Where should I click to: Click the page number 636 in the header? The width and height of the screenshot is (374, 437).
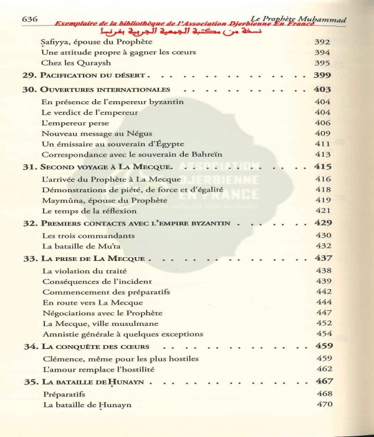click(30, 19)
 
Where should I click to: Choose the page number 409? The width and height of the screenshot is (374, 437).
click(322, 133)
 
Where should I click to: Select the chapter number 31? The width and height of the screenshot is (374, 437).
click(29, 167)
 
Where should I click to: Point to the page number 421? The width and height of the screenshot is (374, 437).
click(322, 211)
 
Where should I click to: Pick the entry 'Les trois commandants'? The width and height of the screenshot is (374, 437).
click(79, 236)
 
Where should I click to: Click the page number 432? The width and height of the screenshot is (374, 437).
click(322, 247)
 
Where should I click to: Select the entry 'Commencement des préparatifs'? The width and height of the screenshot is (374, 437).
click(102, 292)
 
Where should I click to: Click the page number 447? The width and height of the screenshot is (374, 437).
click(322, 313)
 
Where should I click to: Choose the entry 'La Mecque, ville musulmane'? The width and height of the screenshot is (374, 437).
click(92, 323)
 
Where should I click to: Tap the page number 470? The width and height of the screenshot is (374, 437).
click(322, 405)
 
